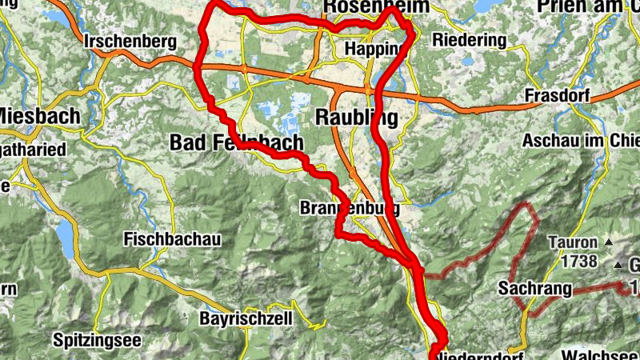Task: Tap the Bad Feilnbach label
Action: click(237, 143)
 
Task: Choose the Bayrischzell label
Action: click(246, 319)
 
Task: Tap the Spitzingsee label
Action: click(97, 340)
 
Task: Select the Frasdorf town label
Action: click(558, 96)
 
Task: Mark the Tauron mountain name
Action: click(572, 242)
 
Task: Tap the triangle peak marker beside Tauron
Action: click(608, 242)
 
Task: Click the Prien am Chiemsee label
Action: click(587, 7)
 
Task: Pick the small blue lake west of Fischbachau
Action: click(62, 232)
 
